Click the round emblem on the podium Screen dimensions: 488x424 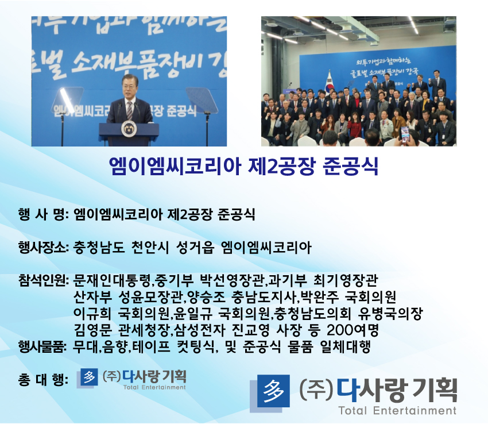(x=129, y=129)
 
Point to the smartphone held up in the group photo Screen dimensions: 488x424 (x=405, y=134)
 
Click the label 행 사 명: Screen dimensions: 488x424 (x=44, y=215)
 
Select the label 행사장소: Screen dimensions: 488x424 (x=44, y=248)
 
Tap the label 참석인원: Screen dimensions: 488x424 (x=44, y=280)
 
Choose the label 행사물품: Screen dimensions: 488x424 (x=43, y=346)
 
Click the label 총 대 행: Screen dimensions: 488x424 (x=43, y=380)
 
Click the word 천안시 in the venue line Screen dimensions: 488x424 (x=150, y=248)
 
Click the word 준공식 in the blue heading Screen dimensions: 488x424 (x=350, y=167)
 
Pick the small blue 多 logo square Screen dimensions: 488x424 (x=89, y=377)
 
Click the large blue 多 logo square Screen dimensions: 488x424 (x=273, y=391)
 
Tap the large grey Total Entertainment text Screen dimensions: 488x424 (x=397, y=411)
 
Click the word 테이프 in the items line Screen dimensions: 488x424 (x=151, y=346)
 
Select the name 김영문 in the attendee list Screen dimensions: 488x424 (x=92, y=330)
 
